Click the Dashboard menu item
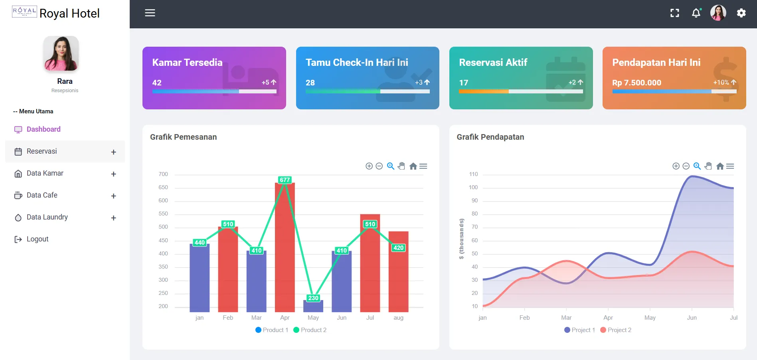point(43,129)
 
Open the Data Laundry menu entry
point(47,217)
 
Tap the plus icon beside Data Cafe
point(114,196)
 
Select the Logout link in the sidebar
point(37,239)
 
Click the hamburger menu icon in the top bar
point(150,13)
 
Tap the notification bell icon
point(696,13)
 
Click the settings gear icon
point(741,13)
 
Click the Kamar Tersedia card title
point(187,63)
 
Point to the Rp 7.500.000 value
point(636,83)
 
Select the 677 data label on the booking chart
point(285,180)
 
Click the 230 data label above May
point(313,298)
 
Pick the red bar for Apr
point(285,247)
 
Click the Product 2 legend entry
point(310,330)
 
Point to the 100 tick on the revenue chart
point(473,188)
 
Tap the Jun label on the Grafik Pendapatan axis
point(692,318)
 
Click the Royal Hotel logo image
point(24,12)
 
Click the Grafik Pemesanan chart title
point(183,137)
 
